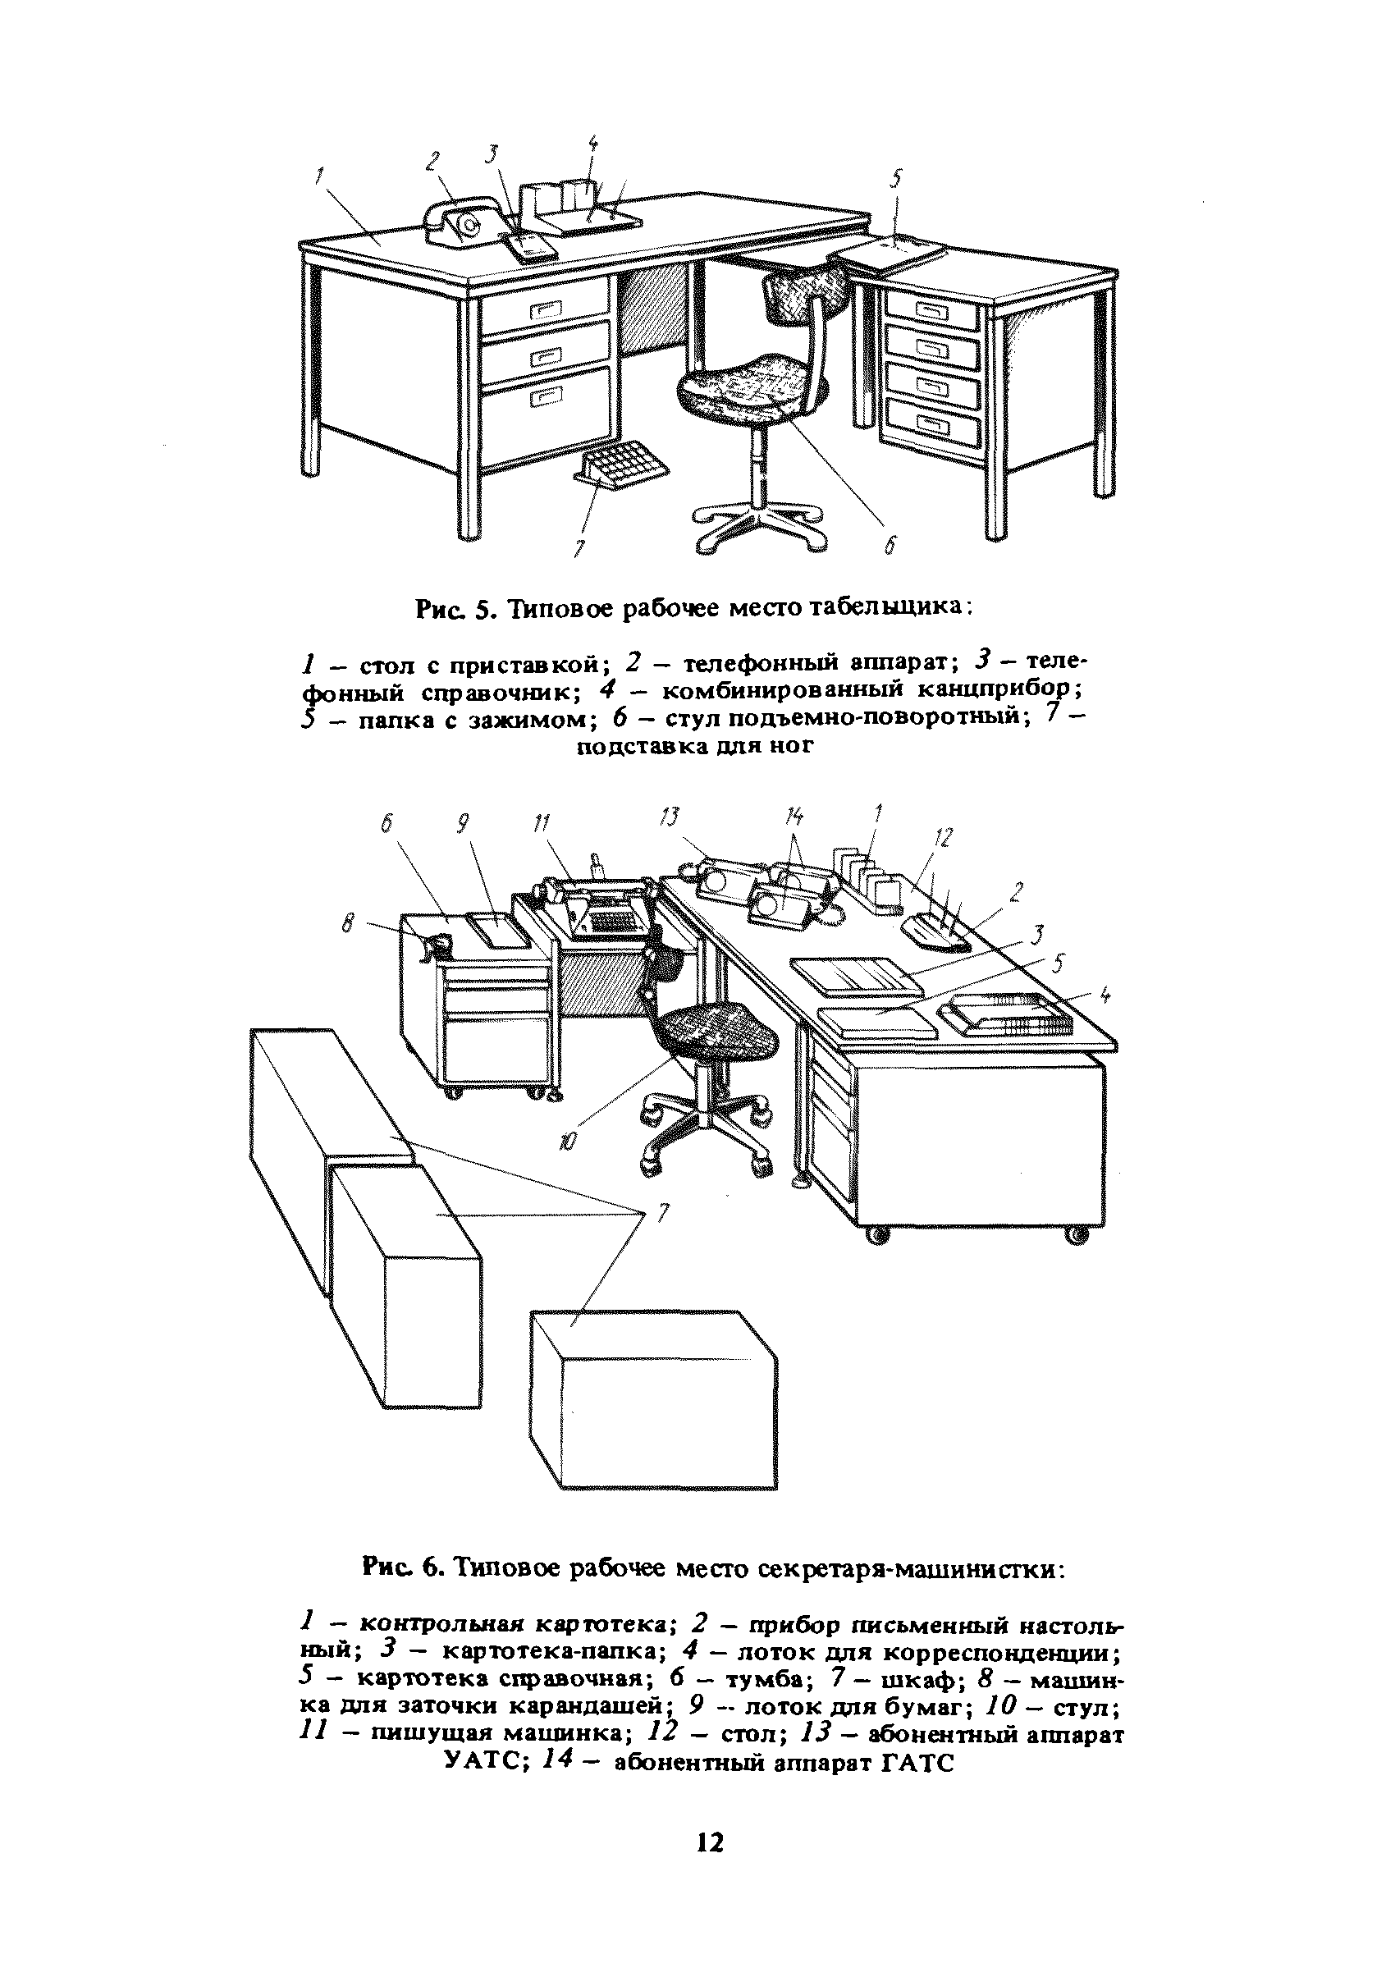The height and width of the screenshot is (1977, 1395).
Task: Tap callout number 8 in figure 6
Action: click(x=348, y=923)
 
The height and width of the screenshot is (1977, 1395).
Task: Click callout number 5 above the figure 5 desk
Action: click(x=896, y=179)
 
